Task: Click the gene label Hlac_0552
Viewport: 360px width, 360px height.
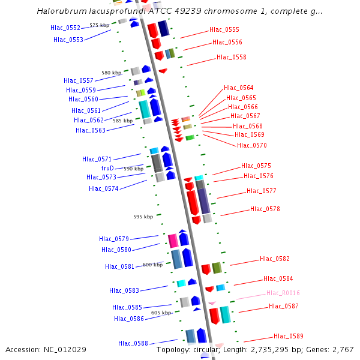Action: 65,28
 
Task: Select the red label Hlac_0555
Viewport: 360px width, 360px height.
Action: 224,29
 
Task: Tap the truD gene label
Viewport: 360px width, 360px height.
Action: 107,168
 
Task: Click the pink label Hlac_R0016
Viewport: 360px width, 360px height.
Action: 283,293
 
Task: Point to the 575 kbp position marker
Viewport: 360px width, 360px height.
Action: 99,25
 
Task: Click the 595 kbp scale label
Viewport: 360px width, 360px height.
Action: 143,217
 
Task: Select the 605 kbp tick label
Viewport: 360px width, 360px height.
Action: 161,313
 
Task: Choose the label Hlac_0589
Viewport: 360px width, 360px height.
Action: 289,336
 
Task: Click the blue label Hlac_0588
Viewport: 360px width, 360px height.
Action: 133,343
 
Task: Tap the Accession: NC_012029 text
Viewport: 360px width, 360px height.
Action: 46,349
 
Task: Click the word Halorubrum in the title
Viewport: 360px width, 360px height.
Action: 61,11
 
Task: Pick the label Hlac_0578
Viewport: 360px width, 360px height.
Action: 265,209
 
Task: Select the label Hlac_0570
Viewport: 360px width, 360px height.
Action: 252,145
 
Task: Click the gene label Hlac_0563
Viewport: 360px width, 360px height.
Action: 91,130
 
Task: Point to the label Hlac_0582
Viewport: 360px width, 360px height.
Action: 275,259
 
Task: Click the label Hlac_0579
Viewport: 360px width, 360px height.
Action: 114,239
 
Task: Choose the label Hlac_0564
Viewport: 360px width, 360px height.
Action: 239,88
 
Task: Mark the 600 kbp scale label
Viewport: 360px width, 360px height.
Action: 152,265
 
